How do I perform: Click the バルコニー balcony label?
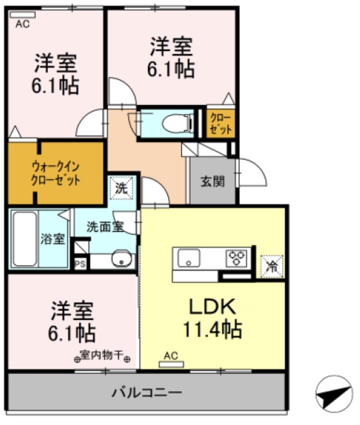tap(146, 392)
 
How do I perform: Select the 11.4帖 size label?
tap(212, 328)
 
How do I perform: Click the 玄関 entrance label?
tap(212, 179)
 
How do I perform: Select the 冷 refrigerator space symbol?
tap(271, 266)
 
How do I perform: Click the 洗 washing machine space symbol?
tap(121, 188)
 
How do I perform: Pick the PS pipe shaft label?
tap(80, 264)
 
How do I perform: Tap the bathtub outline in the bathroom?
tap(25, 238)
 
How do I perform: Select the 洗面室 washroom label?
tap(104, 226)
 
